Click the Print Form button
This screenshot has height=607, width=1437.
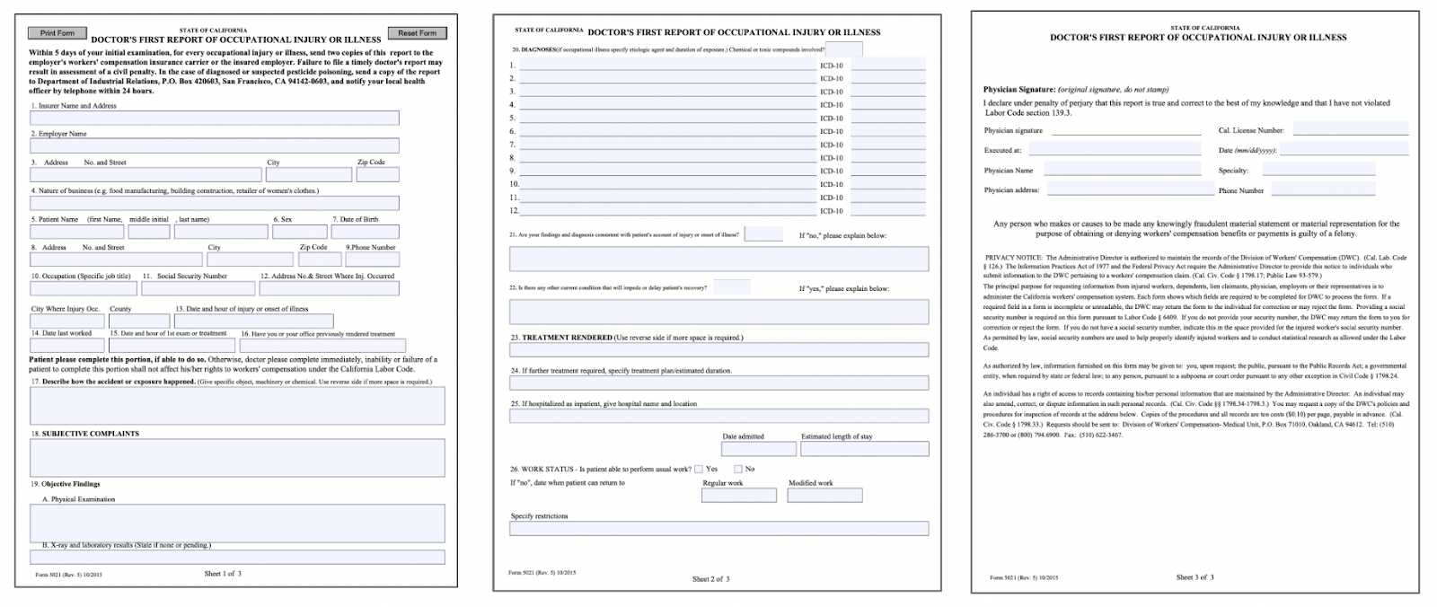click(57, 33)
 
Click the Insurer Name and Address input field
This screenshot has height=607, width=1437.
click(214, 119)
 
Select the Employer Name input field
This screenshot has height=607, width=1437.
click(214, 145)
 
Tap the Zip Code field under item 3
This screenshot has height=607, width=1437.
click(377, 174)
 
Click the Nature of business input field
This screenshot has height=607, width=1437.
click(214, 203)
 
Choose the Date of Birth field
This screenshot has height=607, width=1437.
click(366, 232)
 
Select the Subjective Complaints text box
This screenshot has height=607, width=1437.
click(237, 457)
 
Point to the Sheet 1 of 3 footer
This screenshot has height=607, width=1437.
click(223, 574)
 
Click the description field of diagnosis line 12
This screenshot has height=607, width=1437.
click(666, 211)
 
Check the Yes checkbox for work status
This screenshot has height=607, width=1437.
click(698, 469)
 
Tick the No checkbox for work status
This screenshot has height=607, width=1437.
click(738, 469)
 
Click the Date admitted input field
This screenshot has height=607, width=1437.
click(759, 449)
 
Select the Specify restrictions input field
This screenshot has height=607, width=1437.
click(718, 529)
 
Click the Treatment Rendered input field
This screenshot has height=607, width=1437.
click(718, 350)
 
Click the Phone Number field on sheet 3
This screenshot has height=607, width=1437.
click(1322, 189)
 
